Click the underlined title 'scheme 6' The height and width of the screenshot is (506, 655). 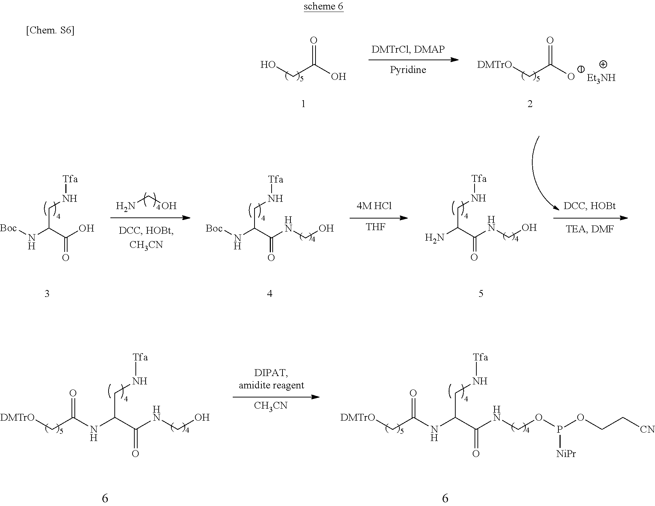point(324,7)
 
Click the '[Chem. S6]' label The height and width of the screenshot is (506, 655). point(50,30)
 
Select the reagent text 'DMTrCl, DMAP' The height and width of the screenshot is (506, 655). point(408,49)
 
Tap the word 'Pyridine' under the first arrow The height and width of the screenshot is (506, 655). point(408,70)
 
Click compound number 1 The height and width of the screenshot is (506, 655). point(303,104)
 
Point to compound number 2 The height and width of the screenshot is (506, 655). point(530,104)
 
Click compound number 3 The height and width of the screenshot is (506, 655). point(47,293)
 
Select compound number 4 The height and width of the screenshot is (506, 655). point(270,293)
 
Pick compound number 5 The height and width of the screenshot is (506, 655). point(481,293)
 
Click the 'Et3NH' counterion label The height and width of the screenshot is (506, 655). point(601,78)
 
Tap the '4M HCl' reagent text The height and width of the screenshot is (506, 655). point(374,206)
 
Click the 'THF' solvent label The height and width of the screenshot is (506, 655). point(375,227)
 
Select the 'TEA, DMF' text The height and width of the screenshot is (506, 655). point(590,229)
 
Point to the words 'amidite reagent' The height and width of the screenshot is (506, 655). point(272,385)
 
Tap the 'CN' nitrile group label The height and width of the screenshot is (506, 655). point(647,430)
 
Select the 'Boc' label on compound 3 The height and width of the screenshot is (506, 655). point(8,228)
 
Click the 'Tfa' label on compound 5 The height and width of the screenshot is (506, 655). point(479,179)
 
